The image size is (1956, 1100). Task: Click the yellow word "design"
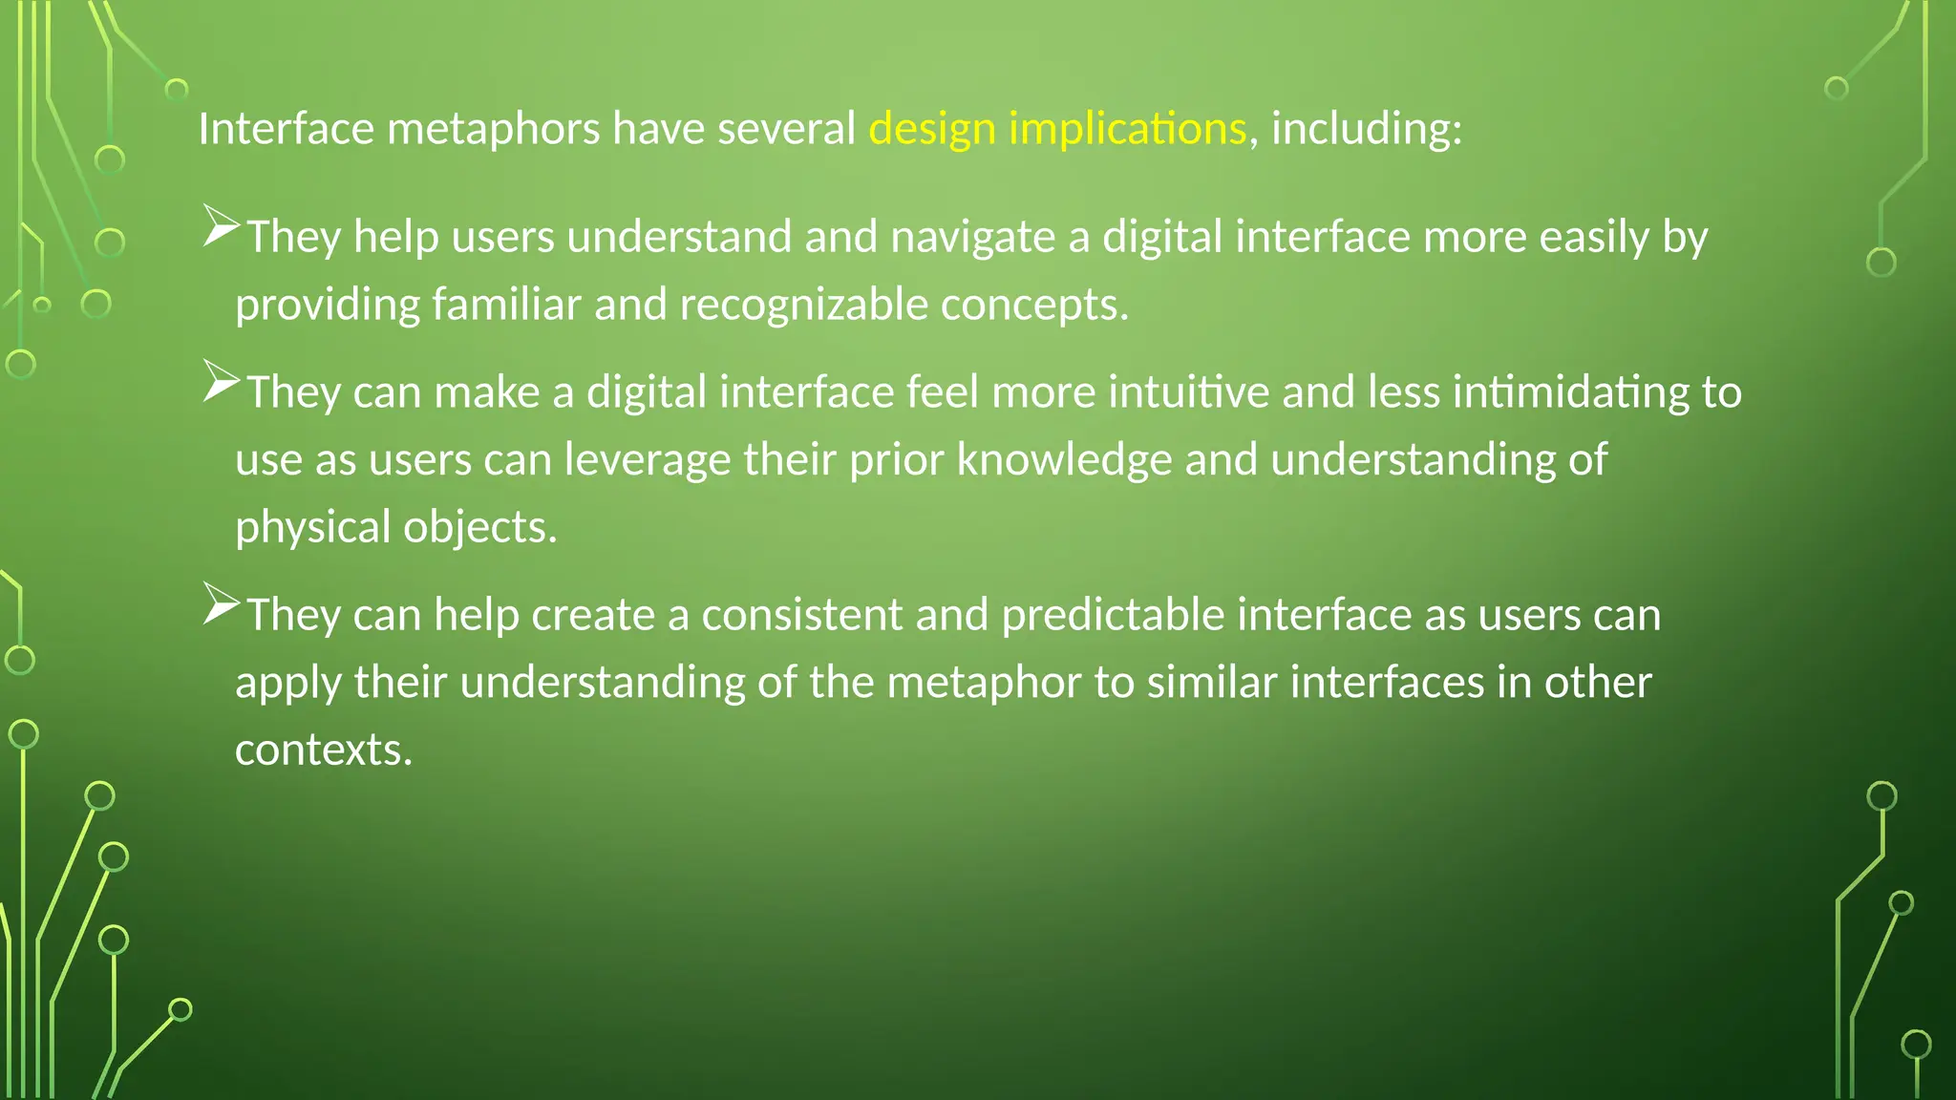click(x=932, y=129)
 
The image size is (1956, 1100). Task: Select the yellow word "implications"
click(x=1127, y=129)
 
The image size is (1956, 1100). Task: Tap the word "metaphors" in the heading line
click(x=493, y=129)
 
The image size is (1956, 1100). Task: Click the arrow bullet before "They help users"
click(x=221, y=228)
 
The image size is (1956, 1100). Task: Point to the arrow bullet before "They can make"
click(x=221, y=384)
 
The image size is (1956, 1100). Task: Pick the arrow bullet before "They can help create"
click(x=221, y=606)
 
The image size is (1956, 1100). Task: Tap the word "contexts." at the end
click(x=324, y=751)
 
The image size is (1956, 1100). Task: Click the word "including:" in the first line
click(x=1366, y=129)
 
